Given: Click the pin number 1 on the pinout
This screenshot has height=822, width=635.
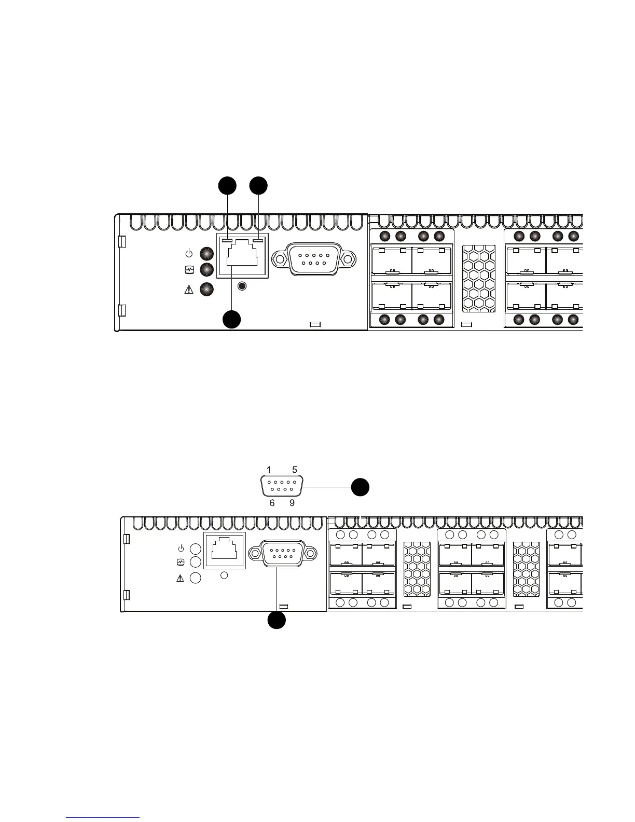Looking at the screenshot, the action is [x=269, y=470].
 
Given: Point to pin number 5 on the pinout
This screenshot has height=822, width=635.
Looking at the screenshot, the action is [x=295, y=470].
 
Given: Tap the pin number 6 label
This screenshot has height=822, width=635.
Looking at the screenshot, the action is [x=272, y=503].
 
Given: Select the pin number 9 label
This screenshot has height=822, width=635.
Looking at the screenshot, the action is [x=292, y=503].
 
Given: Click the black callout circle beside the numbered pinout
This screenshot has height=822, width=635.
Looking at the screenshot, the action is [x=360, y=487].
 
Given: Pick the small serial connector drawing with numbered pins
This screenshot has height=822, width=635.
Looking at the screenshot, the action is [x=281, y=487].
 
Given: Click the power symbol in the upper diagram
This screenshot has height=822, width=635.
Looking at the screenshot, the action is [x=189, y=254].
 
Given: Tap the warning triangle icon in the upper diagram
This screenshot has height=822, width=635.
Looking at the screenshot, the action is [x=189, y=290].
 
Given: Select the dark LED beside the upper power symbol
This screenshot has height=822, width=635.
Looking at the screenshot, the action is [x=207, y=254].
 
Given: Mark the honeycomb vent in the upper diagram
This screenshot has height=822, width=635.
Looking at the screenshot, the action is [x=478, y=279].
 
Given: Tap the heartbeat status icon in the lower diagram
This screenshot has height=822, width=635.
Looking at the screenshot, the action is [x=181, y=562].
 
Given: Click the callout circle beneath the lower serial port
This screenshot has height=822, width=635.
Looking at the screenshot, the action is [x=277, y=621].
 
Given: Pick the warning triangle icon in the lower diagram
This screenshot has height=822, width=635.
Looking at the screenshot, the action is [x=181, y=578].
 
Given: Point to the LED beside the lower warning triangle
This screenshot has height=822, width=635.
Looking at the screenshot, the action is [x=196, y=578].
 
